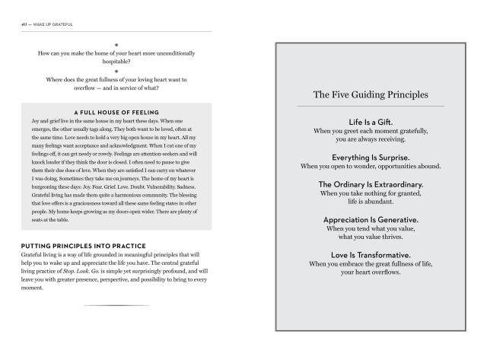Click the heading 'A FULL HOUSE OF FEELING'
click(x=116, y=113)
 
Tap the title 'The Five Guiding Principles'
click(x=371, y=95)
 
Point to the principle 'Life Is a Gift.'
click(x=371, y=122)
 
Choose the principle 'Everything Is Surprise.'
click(x=371, y=156)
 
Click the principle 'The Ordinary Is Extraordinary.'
click(x=371, y=184)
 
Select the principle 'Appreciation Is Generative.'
click(x=371, y=219)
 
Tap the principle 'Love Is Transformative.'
click(x=371, y=254)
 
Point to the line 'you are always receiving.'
click(x=371, y=140)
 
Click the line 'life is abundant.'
click(x=371, y=202)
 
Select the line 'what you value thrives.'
click(x=371, y=237)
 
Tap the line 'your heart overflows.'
click(x=371, y=272)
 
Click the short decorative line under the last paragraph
click(x=116, y=305)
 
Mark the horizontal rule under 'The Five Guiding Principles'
click(x=371, y=106)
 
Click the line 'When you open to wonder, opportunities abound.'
click(x=371, y=166)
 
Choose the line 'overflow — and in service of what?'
click(x=116, y=89)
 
